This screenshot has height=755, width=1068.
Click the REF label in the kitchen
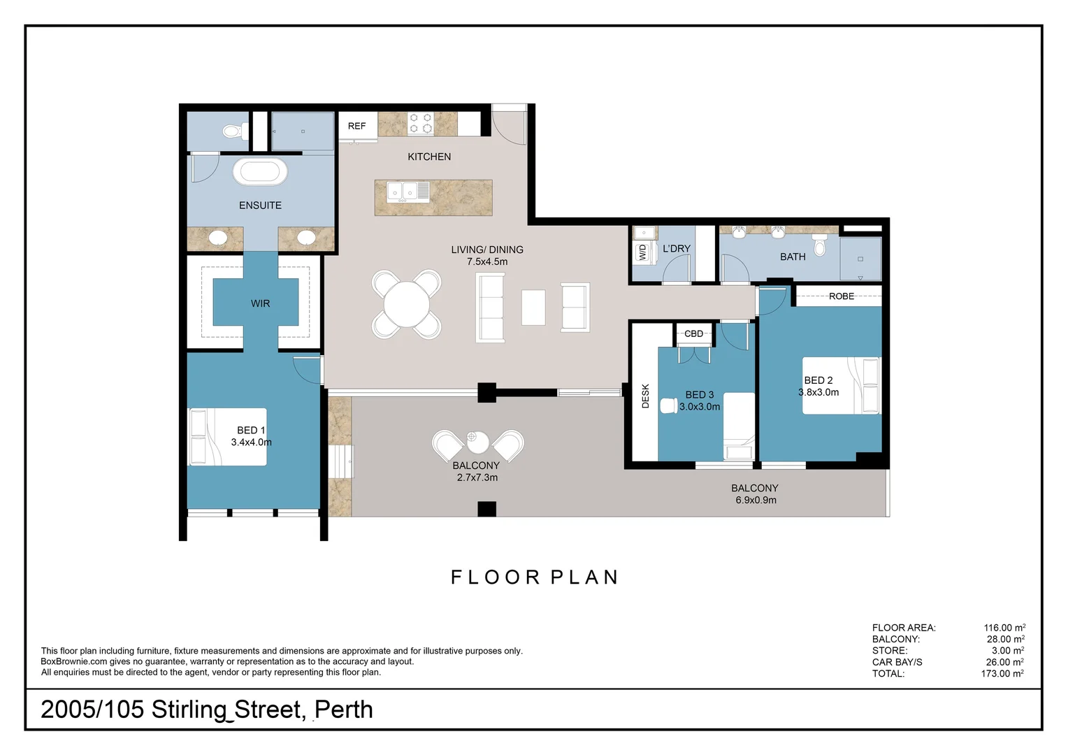click(x=356, y=126)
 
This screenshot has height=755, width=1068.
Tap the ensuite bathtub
click(x=260, y=172)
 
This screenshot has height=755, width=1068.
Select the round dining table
click(x=407, y=304)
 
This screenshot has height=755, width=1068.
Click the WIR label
click(x=260, y=303)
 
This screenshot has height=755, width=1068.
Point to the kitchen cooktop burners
click(x=421, y=123)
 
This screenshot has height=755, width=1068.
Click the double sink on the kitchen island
click(x=403, y=192)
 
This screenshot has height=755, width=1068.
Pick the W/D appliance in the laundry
click(x=642, y=252)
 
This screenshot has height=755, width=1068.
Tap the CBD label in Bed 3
click(x=694, y=334)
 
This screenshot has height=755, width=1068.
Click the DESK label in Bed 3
click(x=646, y=396)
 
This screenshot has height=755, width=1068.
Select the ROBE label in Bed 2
click(x=842, y=296)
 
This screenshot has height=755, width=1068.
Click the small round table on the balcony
click(x=478, y=442)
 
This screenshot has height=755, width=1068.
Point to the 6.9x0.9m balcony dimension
click(x=756, y=501)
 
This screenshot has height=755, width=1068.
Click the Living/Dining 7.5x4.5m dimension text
click(x=487, y=262)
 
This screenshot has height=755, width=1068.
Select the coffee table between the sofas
click(x=533, y=308)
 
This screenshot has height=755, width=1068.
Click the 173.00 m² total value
click(x=1002, y=673)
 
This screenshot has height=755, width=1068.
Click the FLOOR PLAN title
click(x=535, y=577)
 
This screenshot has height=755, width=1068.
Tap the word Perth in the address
click(x=343, y=710)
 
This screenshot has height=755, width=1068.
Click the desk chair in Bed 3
click(x=669, y=405)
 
